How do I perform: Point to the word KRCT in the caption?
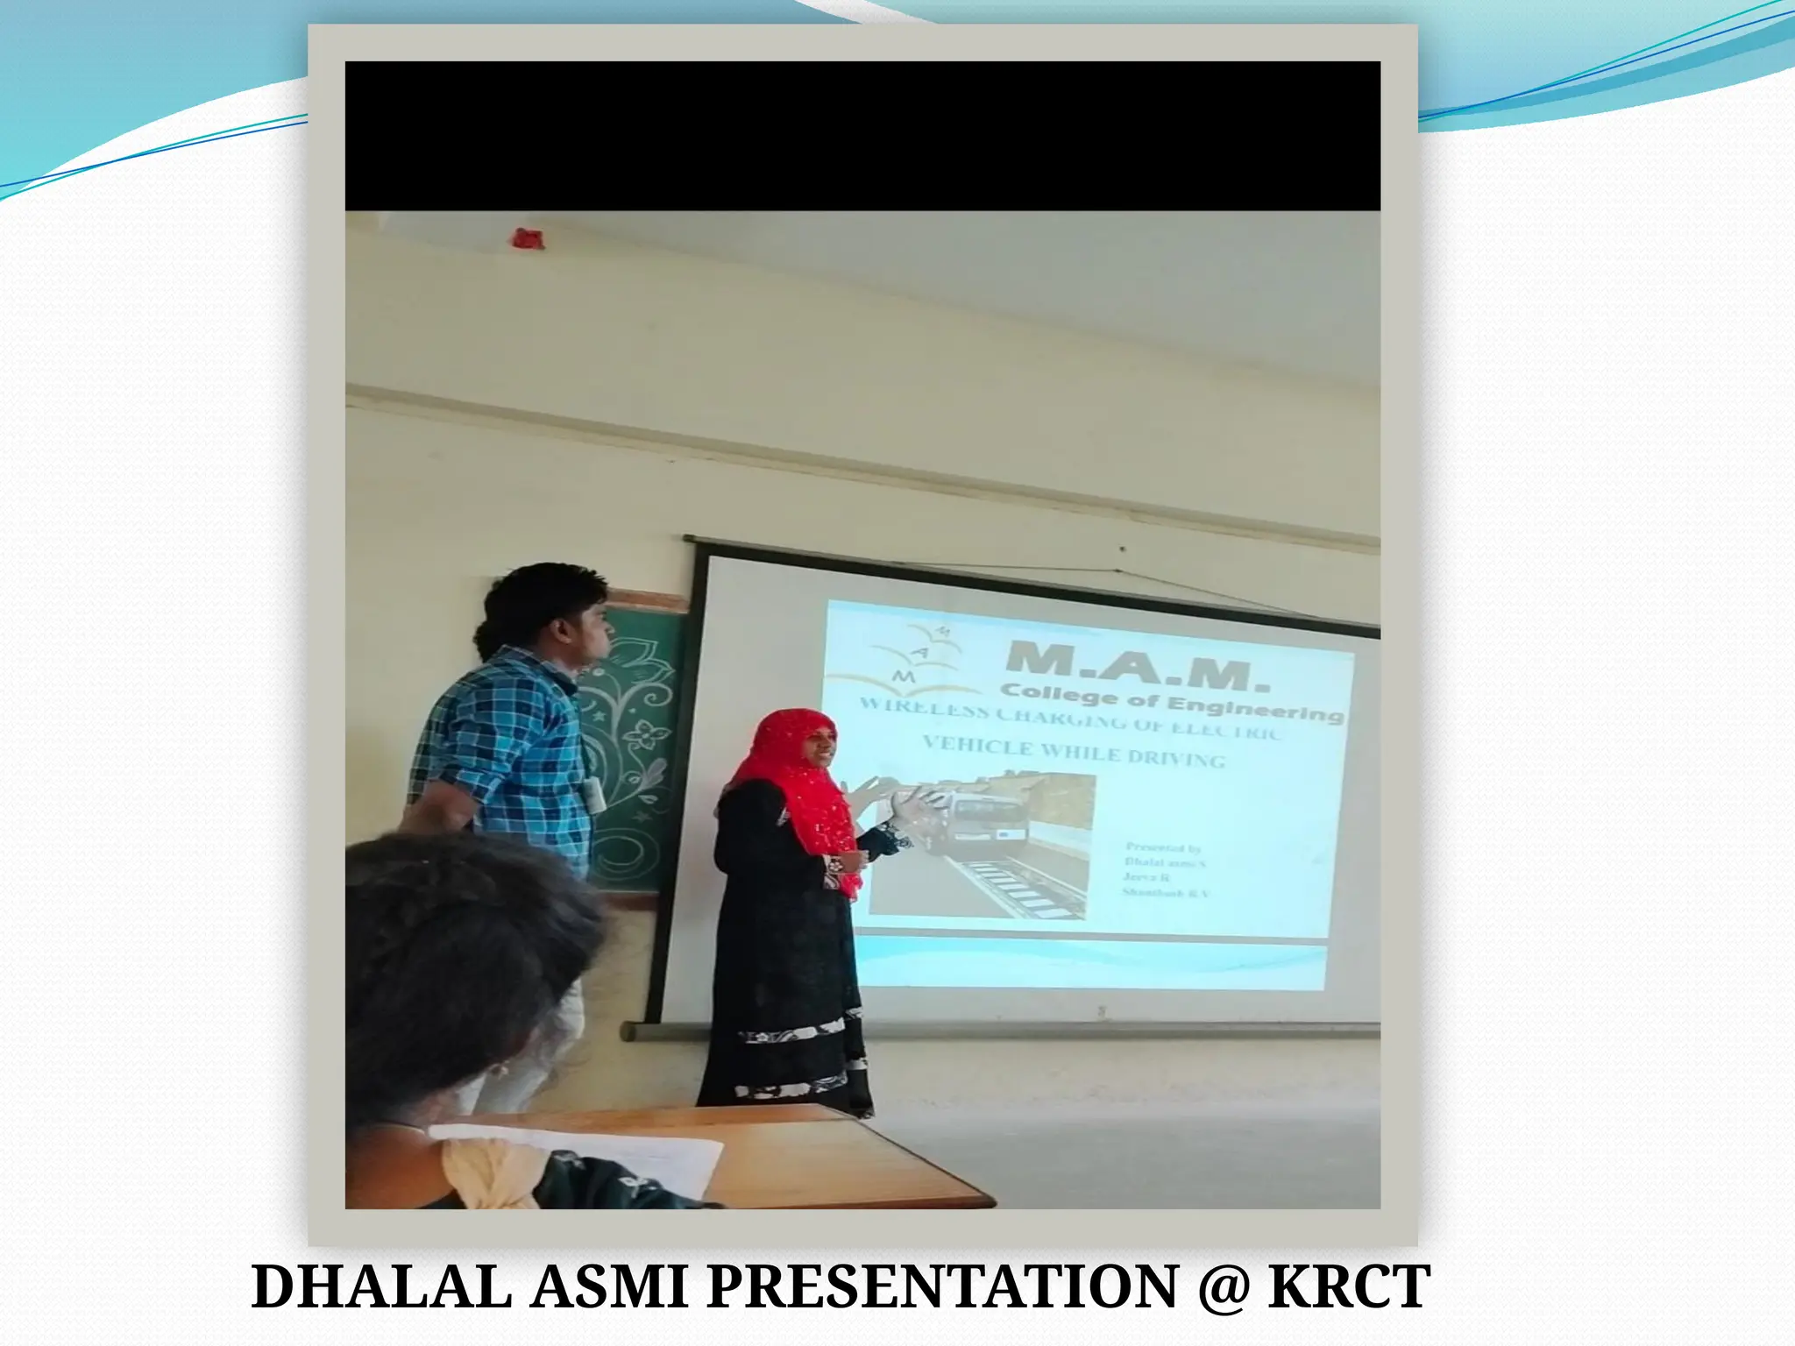point(1350,1287)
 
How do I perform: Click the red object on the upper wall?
point(528,238)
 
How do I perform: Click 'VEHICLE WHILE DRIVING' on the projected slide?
point(1074,754)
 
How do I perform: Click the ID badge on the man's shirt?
point(595,794)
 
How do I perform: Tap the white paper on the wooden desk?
point(614,1157)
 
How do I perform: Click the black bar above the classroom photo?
point(862,136)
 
